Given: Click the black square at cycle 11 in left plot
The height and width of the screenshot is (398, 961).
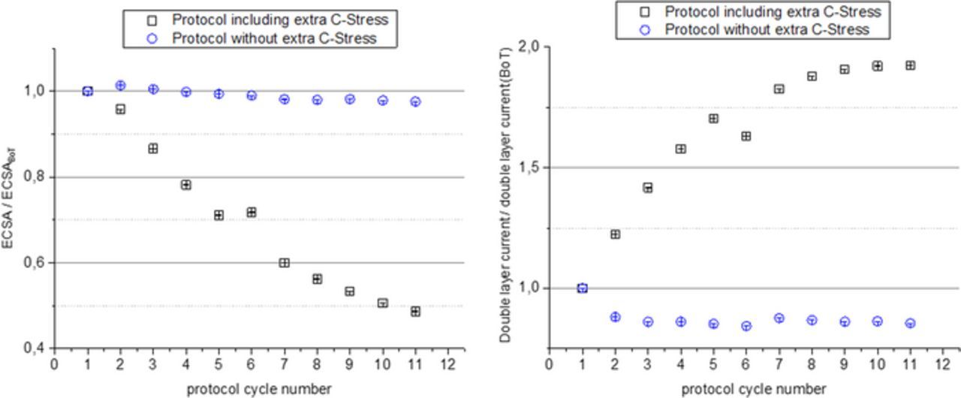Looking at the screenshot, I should coord(415,312).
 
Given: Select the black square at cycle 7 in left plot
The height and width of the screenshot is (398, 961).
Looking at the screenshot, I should coord(284,263).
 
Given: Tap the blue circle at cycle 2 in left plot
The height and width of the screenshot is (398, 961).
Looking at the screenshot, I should coord(120,86).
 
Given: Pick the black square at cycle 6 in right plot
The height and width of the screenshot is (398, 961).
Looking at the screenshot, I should coord(746,136).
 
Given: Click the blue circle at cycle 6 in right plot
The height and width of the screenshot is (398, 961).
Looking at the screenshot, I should coord(746,326).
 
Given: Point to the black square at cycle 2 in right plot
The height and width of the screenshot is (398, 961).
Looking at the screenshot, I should coord(615,234).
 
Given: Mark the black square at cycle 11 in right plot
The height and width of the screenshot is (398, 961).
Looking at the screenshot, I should coord(910,65).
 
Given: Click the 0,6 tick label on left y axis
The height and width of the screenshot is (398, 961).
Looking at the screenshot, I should coord(35,263).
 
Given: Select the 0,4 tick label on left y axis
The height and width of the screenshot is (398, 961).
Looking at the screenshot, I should coord(35,348).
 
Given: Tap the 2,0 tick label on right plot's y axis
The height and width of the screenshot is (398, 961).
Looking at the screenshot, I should coord(529,47).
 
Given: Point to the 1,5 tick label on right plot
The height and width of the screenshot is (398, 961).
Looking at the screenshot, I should coord(529,167).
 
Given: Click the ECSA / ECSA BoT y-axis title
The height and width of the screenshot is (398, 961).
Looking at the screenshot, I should coord(11,198).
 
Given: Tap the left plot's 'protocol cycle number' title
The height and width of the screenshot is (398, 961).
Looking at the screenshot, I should coord(259,388).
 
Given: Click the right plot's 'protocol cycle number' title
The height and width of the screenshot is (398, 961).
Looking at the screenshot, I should coord(754,388).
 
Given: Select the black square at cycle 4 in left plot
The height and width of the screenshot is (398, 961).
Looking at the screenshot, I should coord(185,185).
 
